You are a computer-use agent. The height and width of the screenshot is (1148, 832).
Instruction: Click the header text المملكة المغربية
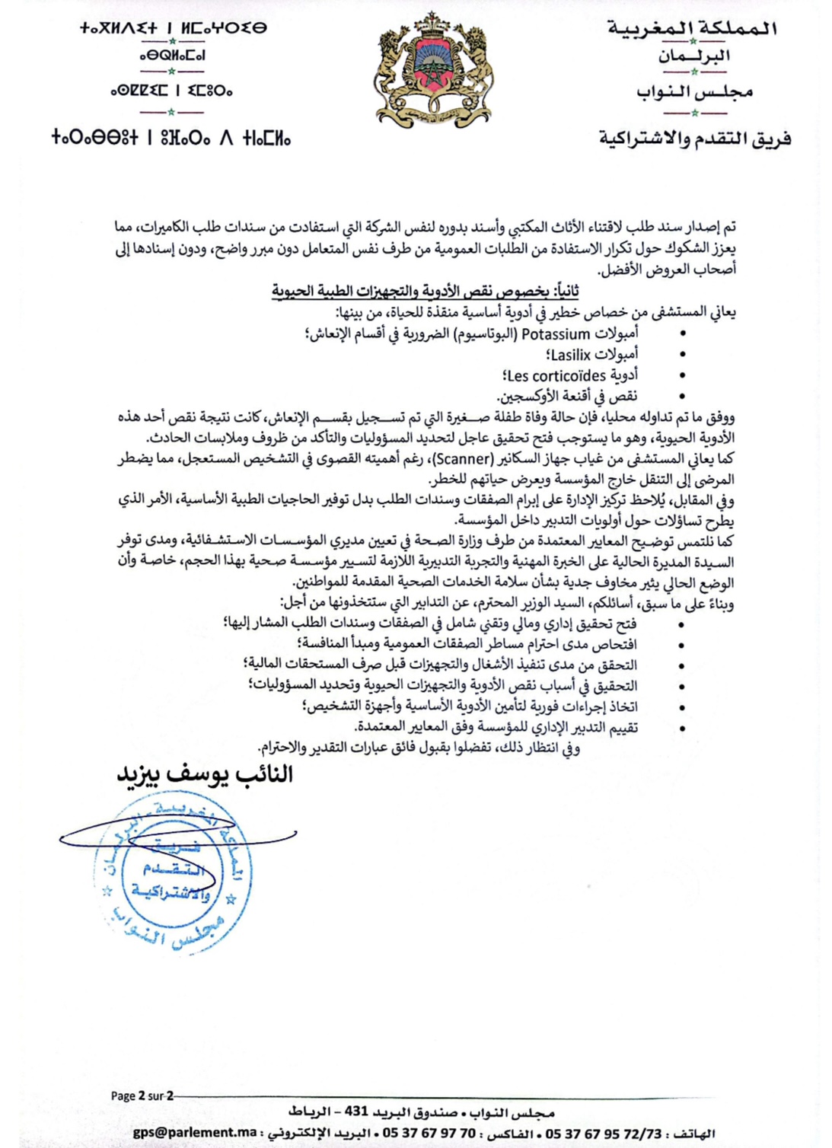[x=693, y=29]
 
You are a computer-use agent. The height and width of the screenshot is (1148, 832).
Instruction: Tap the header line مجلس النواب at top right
[x=694, y=92]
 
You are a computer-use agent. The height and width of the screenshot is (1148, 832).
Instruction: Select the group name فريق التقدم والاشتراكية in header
[x=695, y=139]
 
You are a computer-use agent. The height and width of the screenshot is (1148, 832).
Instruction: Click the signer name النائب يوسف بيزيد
[x=205, y=774]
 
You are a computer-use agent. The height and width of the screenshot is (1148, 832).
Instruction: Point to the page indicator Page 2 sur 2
[x=142, y=1095]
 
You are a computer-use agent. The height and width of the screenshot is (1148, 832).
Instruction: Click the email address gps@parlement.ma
[x=195, y=1133]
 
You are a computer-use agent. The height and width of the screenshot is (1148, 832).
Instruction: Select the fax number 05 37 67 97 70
[x=429, y=1133]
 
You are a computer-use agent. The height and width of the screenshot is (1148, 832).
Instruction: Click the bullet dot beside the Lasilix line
[x=682, y=355]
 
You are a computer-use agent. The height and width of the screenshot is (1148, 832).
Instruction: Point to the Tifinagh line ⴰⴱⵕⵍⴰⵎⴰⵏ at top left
[x=172, y=56]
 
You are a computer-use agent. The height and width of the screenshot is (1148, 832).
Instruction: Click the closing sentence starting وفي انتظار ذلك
[x=419, y=748]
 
